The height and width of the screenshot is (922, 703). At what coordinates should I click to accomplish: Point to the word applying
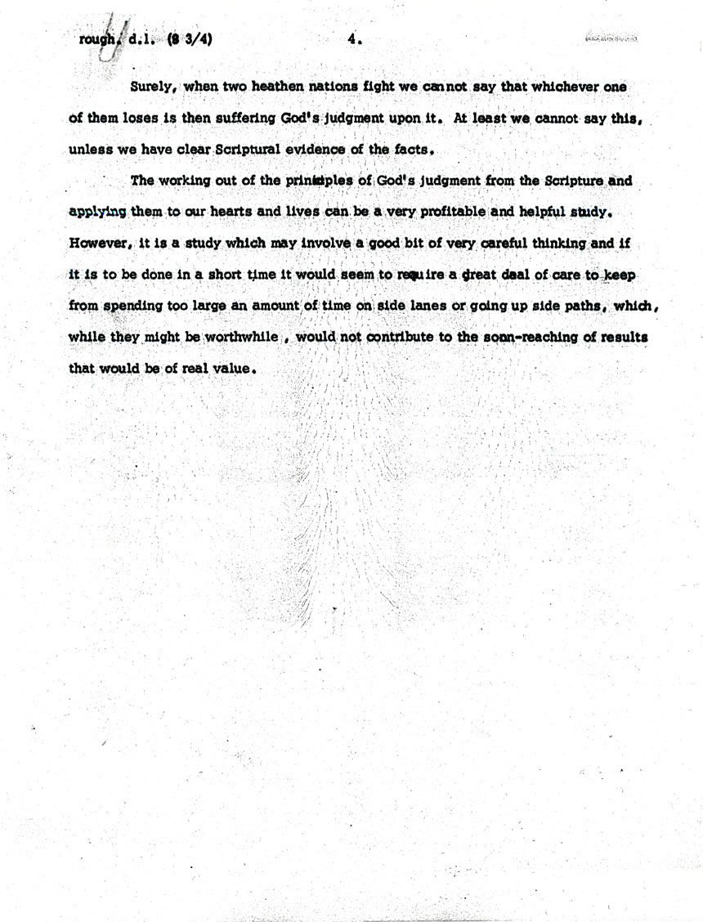pyautogui.click(x=97, y=212)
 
